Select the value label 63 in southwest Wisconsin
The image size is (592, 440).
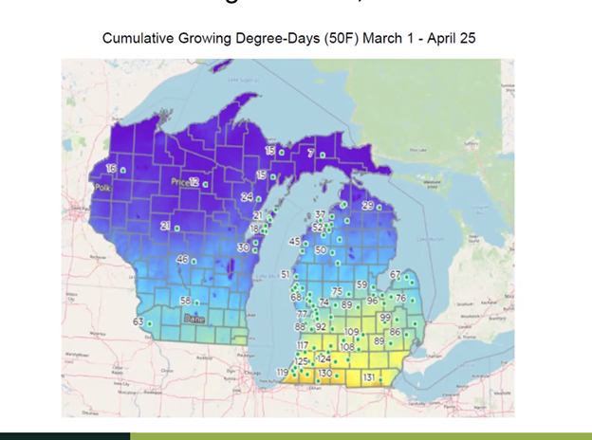click(138, 322)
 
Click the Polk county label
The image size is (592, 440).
click(102, 188)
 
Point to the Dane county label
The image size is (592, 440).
click(194, 319)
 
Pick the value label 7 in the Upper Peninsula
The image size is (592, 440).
click(311, 153)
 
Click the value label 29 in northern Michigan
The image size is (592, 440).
click(368, 206)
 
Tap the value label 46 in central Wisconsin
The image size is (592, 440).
click(182, 259)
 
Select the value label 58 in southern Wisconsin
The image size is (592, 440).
click(186, 301)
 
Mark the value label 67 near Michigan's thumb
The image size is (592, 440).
click(395, 275)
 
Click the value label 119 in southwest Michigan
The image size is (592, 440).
click(282, 372)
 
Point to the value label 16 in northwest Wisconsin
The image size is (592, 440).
click(111, 168)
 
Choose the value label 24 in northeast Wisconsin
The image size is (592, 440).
click(247, 197)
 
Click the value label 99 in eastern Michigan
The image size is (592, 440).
click(385, 317)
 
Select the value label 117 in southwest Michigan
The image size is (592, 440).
click(303, 345)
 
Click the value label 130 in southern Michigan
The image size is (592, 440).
click(324, 374)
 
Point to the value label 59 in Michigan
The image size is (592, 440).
click(361, 284)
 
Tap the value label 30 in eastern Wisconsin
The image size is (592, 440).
click(243, 247)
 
